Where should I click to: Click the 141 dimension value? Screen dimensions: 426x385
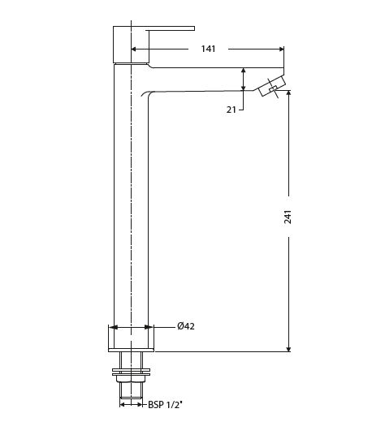tap(208, 49)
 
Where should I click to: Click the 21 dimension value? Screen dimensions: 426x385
tap(231, 110)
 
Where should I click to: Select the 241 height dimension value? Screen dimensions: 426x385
tap(288, 217)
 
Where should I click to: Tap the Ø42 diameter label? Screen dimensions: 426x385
tap(186, 326)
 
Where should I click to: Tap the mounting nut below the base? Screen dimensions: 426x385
tap(131, 375)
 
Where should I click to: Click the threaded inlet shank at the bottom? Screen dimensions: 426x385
tap(131, 394)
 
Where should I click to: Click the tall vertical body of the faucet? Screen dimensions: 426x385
tap(131, 203)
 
